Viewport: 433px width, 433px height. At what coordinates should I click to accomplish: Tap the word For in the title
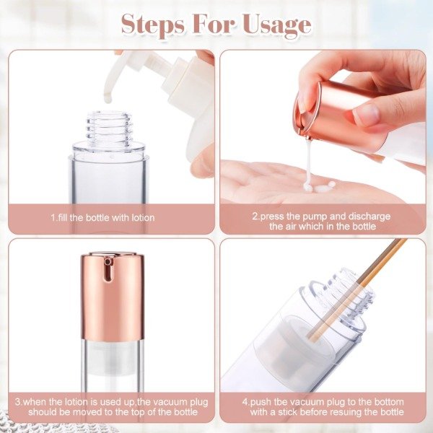(214, 25)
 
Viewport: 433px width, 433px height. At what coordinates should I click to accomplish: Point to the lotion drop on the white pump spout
(108, 97)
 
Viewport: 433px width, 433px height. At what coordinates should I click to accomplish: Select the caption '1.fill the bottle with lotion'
(102, 218)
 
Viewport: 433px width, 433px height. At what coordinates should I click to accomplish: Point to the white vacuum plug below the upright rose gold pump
(112, 358)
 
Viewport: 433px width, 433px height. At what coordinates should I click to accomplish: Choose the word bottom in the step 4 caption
(388, 402)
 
